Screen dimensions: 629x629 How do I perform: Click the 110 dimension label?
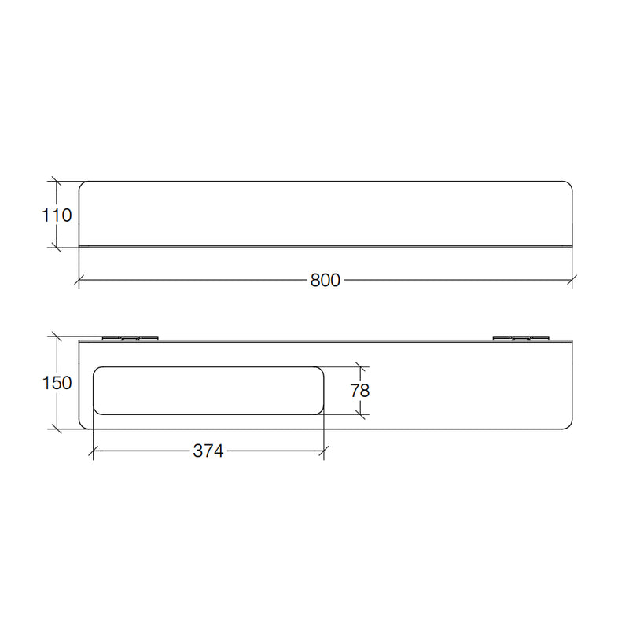57,215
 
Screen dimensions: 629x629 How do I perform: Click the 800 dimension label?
325,280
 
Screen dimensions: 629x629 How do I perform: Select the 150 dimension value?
57,383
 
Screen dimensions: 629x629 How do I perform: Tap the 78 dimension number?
360,391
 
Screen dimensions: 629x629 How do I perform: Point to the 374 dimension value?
208,451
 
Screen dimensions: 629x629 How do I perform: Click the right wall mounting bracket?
520,338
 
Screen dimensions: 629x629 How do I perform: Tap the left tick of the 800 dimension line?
79,280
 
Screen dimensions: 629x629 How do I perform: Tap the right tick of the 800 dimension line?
572,280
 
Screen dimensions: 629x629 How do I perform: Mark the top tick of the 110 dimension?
57,182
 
